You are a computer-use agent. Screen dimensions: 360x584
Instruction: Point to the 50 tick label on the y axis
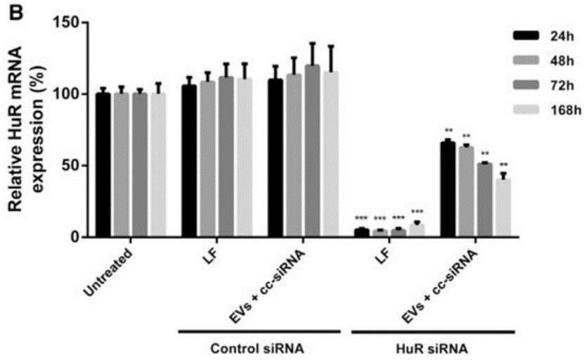pyautogui.click(x=74, y=166)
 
